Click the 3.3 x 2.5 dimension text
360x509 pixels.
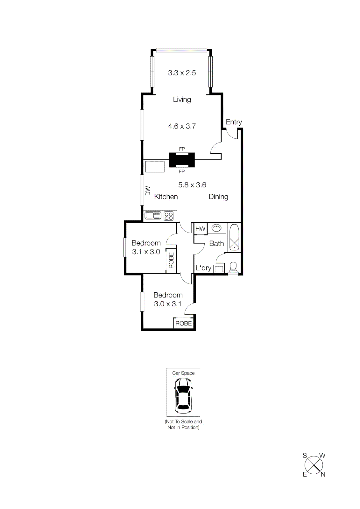(x=182, y=73)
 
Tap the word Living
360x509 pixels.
(x=182, y=100)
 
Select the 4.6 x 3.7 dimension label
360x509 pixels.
(x=182, y=126)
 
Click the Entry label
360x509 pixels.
(x=234, y=122)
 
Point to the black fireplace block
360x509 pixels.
(x=181, y=160)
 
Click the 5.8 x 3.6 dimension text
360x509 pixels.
(x=192, y=185)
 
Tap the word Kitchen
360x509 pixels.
(x=166, y=197)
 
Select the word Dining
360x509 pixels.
(x=218, y=197)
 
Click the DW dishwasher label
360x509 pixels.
(x=148, y=191)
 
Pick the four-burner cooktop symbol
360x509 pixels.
(x=169, y=216)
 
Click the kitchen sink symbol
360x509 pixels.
(x=153, y=216)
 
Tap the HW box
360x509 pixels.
(x=200, y=229)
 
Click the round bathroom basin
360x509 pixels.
(x=216, y=228)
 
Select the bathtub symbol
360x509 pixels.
(x=234, y=238)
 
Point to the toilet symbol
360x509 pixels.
(x=233, y=268)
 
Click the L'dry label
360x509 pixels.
(x=203, y=268)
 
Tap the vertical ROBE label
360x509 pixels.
(x=171, y=260)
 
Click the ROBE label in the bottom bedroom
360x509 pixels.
(x=183, y=324)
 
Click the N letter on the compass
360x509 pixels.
(x=323, y=474)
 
